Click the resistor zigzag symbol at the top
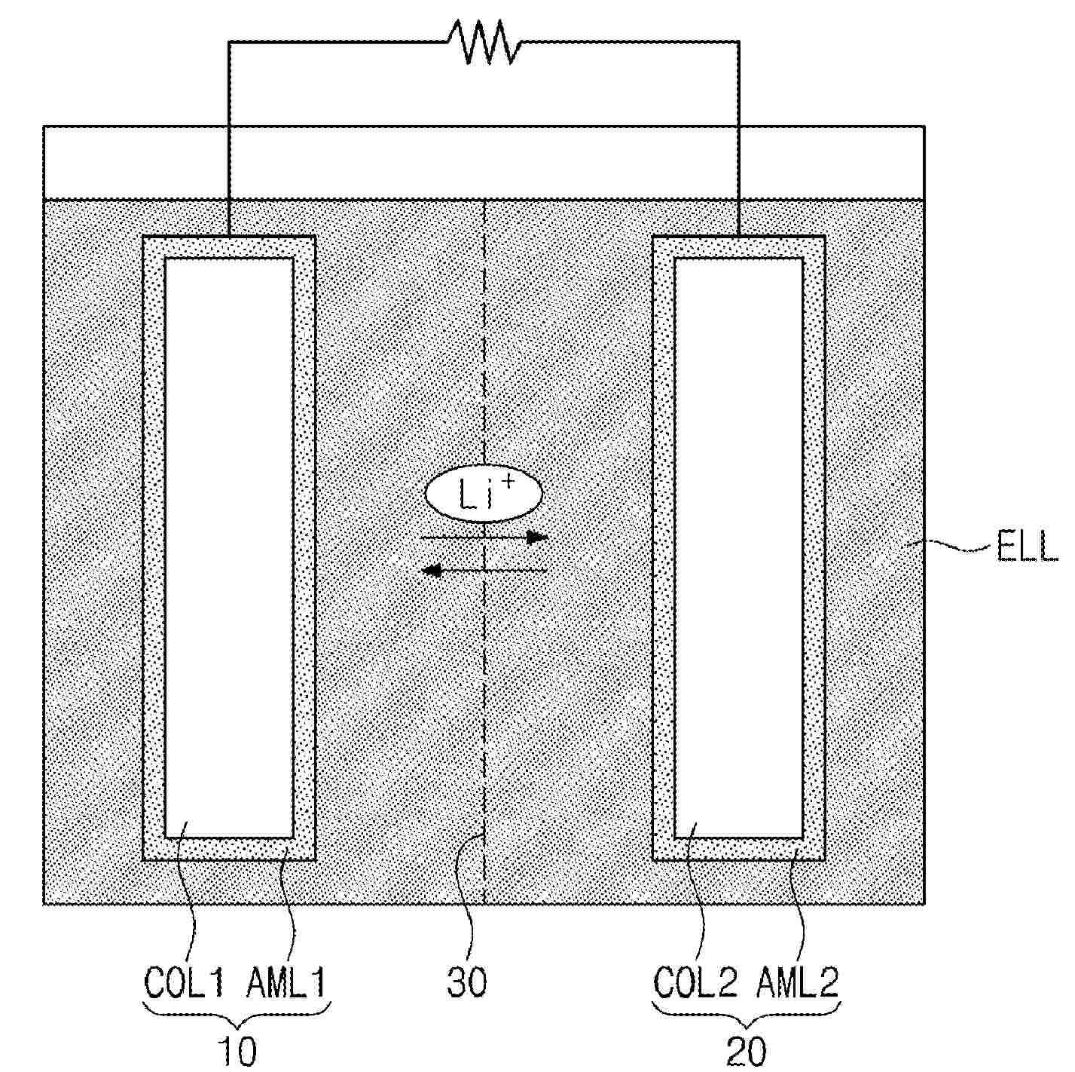(x=484, y=42)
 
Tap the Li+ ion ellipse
(x=484, y=495)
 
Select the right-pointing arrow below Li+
(x=484, y=538)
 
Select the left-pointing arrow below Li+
(x=484, y=571)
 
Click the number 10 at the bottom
(x=236, y=1050)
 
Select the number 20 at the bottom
(x=746, y=1050)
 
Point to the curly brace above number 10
(x=237, y=1015)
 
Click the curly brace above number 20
(x=746, y=1015)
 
